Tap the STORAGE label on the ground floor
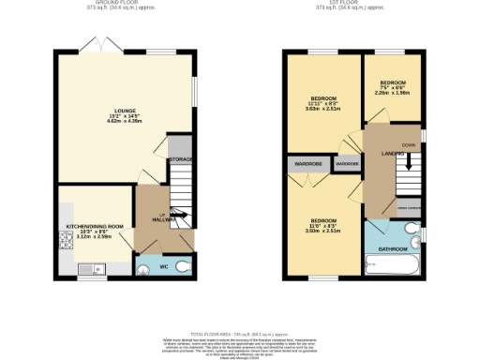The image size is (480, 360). click(181, 160)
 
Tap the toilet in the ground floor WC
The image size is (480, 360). click(183, 266)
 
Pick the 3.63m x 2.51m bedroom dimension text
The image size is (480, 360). click(324, 109)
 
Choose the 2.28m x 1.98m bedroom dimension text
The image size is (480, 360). click(393, 93)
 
